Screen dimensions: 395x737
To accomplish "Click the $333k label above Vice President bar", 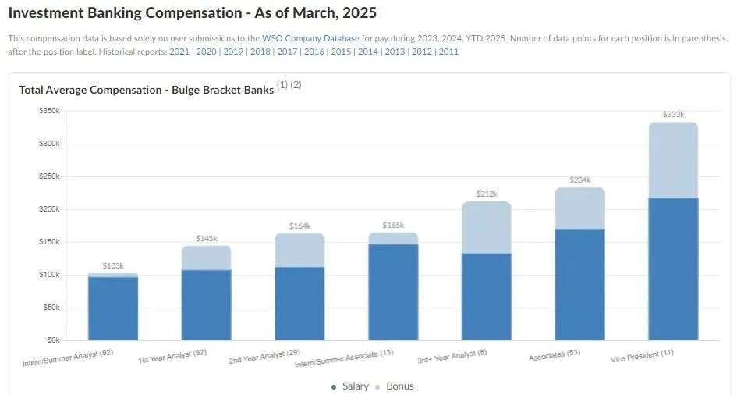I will click(673, 115).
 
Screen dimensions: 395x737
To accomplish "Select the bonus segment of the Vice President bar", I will click(673, 160).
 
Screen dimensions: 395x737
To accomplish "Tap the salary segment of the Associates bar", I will click(579, 284).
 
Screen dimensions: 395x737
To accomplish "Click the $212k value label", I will click(487, 194).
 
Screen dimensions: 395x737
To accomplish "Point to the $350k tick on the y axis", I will click(49, 111).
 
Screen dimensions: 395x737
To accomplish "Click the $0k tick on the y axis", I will click(52, 340).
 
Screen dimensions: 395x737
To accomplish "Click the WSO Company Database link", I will click(310, 37).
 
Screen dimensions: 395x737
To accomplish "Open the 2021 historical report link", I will click(179, 52).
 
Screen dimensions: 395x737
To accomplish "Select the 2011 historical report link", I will click(448, 52).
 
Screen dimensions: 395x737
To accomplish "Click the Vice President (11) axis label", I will click(642, 357).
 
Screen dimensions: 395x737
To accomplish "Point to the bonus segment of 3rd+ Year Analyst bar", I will click(487, 228).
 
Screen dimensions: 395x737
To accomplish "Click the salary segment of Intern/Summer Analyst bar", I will click(113, 308).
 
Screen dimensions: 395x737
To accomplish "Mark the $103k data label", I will click(113, 266).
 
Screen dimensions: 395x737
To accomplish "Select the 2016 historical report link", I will click(314, 52).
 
